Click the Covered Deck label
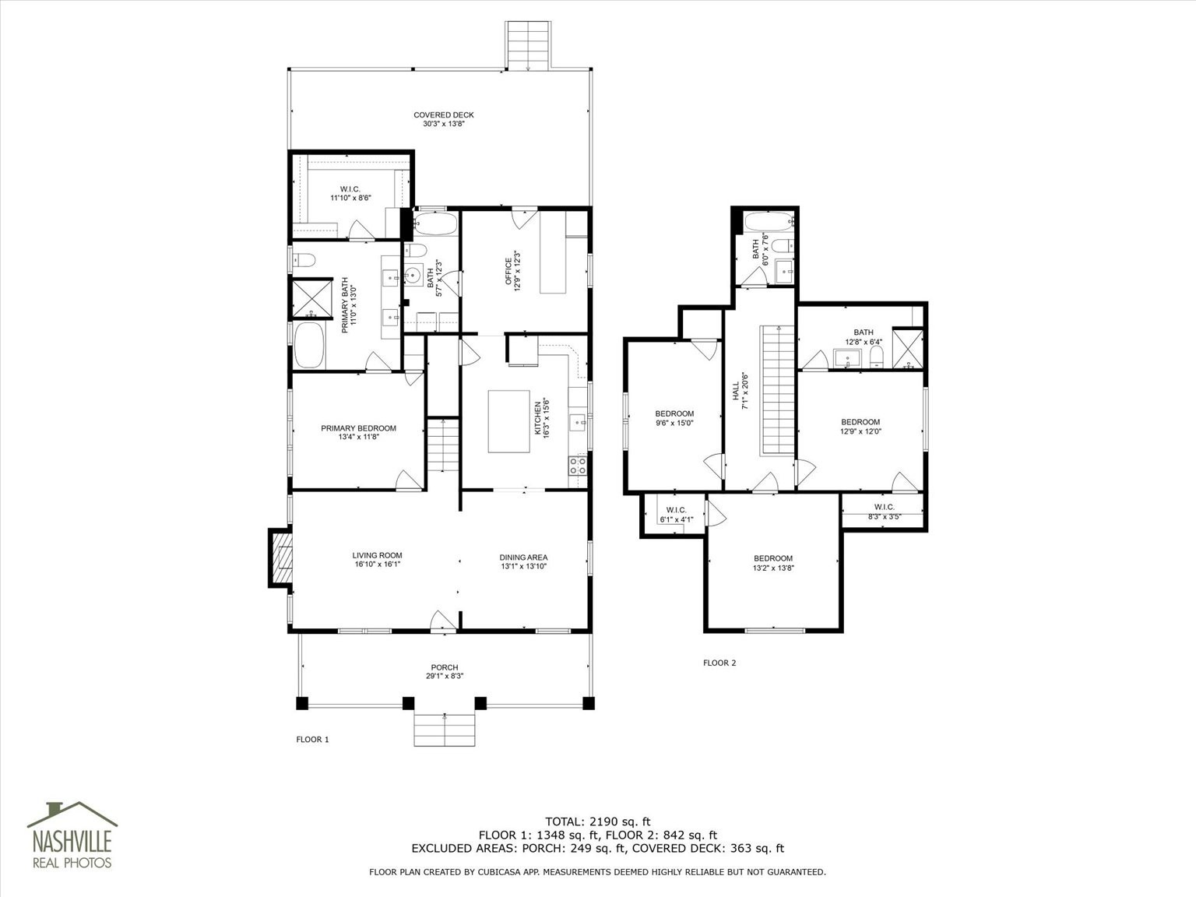tap(444, 119)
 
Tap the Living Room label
tap(377, 560)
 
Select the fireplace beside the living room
tap(280, 558)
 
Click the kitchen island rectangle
tap(509, 421)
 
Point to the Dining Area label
tap(523, 561)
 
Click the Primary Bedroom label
tap(358, 432)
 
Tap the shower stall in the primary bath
tap(312, 298)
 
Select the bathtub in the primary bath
tap(309, 345)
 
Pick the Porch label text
tap(445, 671)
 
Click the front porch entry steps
tap(445, 730)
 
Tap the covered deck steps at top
tap(527, 46)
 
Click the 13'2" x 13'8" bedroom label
tap(773, 563)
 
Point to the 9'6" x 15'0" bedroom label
tap(674, 417)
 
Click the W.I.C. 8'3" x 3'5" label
tap(885, 512)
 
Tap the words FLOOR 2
tap(719, 663)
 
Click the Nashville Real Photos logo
tap(72, 835)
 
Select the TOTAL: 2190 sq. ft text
tap(598, 821)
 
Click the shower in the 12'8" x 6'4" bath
tap(908, 348)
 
